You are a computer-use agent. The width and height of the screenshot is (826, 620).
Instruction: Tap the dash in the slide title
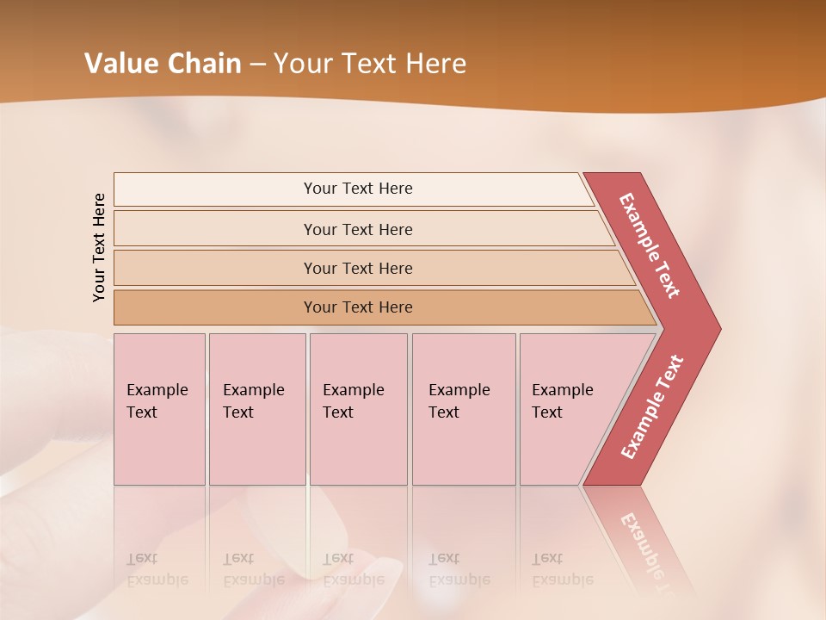point(257,65)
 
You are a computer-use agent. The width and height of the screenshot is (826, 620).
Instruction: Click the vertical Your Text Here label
point(99,247)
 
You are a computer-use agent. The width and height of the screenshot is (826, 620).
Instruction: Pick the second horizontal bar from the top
point(357,229)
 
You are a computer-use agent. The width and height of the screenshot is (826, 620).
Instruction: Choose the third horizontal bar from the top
point(357,268)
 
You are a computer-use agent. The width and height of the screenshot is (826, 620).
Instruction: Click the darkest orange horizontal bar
point(357,307)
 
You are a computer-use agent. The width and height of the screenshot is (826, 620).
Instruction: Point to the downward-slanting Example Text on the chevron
point(649,245)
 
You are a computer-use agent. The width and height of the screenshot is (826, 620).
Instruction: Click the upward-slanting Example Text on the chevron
point(652,407)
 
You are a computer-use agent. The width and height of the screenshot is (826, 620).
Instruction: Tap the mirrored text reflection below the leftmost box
point(157,569)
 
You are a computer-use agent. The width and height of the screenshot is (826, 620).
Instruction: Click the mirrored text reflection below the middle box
point(354,569)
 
